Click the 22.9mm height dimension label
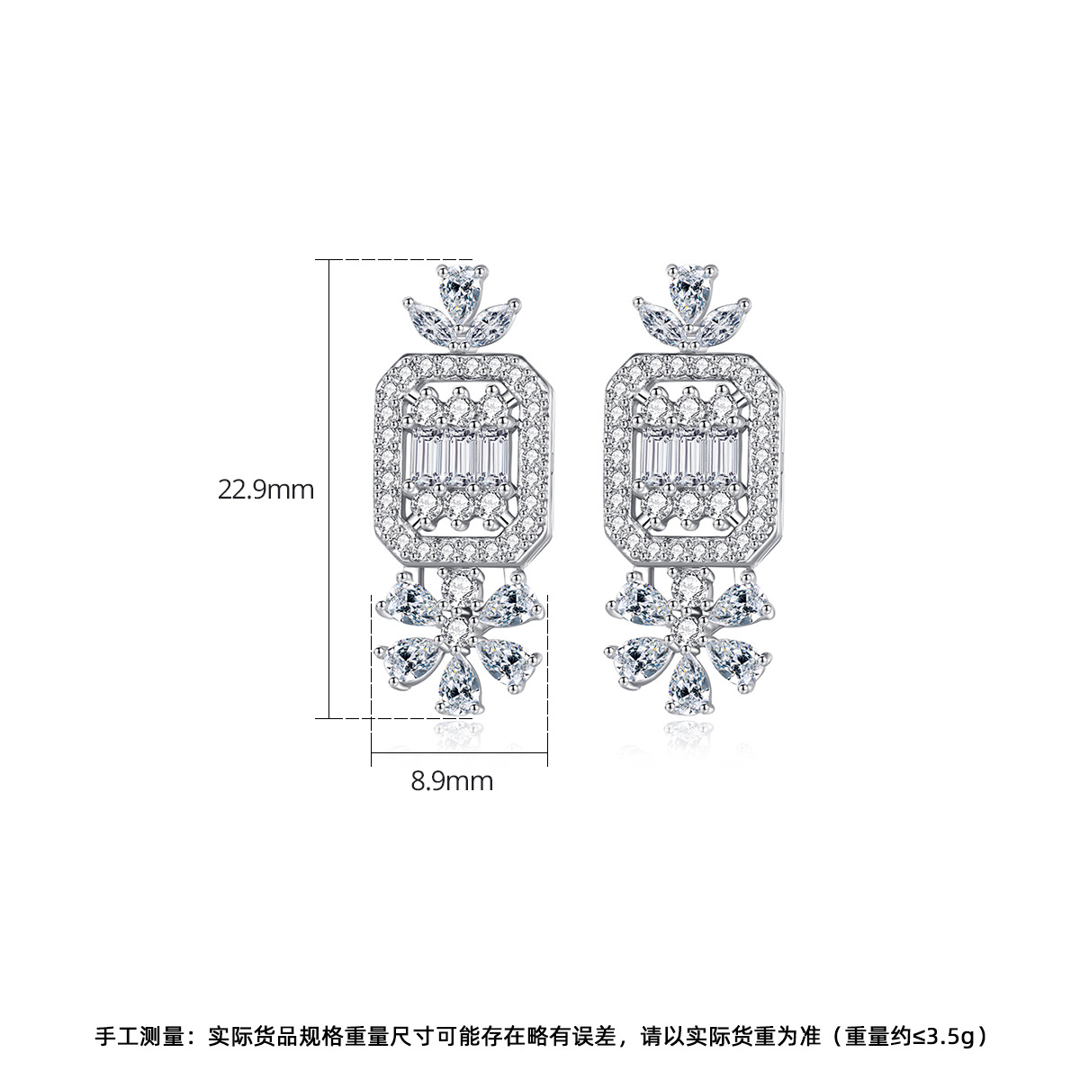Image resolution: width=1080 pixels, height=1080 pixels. click(x=265, y=490)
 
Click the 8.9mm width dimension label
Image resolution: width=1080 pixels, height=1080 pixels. click(x=452, y=781)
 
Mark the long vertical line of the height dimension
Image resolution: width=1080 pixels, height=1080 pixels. click(x=329, y=489)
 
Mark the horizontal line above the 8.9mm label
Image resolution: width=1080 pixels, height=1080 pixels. click(x=459, y=752)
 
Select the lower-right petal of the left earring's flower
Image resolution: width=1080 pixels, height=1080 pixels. click(x=508, y=663)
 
